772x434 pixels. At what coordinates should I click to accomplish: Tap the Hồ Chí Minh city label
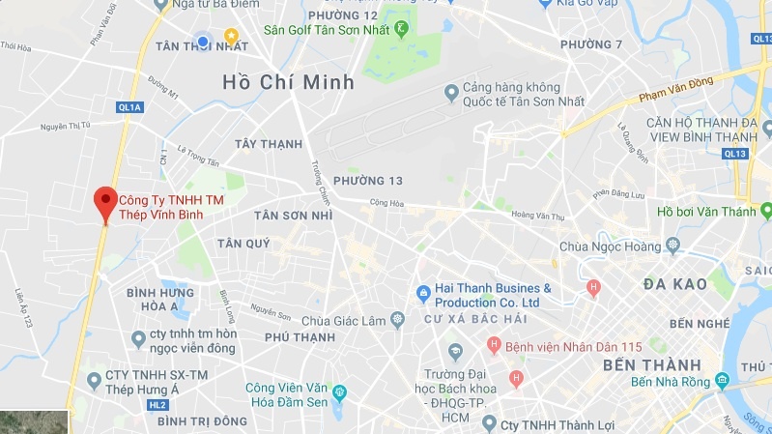[x=288, y=82]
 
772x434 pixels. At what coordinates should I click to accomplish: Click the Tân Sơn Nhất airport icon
[x=450, y=93]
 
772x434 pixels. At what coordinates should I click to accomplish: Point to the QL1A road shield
[x=130, y=107]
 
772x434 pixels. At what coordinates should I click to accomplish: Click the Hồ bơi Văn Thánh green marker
[x=765, y=210]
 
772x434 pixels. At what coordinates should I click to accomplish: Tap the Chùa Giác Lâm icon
[x=396, y=320]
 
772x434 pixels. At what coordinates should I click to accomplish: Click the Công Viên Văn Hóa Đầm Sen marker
[x=338, y=391]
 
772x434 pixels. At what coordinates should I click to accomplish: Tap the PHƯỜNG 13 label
[x=367, y=181]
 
